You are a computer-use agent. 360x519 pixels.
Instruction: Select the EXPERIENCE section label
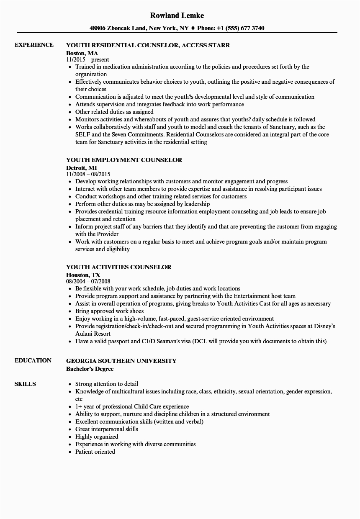pyautogui.click(x=34, y=45)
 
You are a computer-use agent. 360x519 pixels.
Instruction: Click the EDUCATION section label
pyautogui.click(x=33, y=360)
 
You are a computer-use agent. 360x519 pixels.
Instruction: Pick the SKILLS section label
pyautogui.click(x=25, y=384)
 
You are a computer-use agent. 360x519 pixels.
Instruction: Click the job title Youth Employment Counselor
pyautogui.click(x=124, y=160)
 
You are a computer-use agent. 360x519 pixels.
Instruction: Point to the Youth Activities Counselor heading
pyautogui.click(x=118, y=267)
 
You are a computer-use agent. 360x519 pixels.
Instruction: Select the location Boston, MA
pyautogui.click(x=82, y=53)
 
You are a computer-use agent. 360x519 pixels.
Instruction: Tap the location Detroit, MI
pyautogui.click(x=81, y=167)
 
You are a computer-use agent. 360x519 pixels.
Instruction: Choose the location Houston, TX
pyautogui.click(x=83, y=275)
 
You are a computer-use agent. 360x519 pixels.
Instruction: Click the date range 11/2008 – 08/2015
pyautogui.click(x=88, y=174)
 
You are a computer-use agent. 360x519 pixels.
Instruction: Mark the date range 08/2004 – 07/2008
pyautogui.click(x=88, y=281)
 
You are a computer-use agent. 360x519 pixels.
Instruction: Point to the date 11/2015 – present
pyautogui.click(x=87, y=60)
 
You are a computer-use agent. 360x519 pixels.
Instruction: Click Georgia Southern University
pyautogui.click(x=121, y=361)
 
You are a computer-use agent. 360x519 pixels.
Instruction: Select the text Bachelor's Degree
pyautogui.click(x=90, y=369)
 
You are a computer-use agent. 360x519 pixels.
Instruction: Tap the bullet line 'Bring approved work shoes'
pyautogui.click(x=109, y=311)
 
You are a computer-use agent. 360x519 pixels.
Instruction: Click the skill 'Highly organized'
pyautogui.click(x=97, y=437)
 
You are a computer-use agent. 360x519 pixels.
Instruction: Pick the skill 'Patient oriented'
pyautogui.click(x=95, y=452)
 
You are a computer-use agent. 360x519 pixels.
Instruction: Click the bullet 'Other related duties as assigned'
pyautogui.click(x=114, y=112)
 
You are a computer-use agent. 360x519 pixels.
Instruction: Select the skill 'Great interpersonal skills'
pyautogui.click(x=106, y=429)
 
